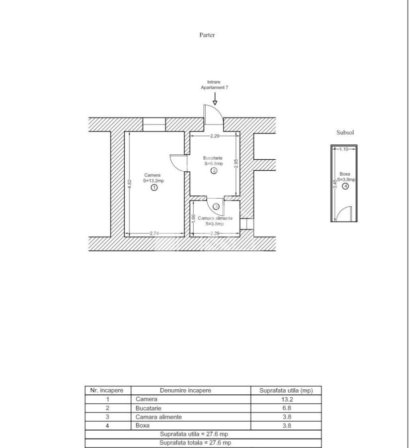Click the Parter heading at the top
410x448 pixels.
(207, 35)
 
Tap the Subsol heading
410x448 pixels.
(345, 133)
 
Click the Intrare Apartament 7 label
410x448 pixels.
(214, 85)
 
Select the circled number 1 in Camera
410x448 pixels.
(154, 188)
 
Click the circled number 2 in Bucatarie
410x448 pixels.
(214, 170)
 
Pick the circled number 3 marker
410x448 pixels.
(216, 206)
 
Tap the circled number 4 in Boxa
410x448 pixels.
(345, 186)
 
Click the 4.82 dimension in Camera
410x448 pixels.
(129, 183)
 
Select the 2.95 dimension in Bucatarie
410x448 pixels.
(236, 164)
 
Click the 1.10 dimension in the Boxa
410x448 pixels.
(344, 149)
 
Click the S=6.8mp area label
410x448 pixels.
(214, 163)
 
